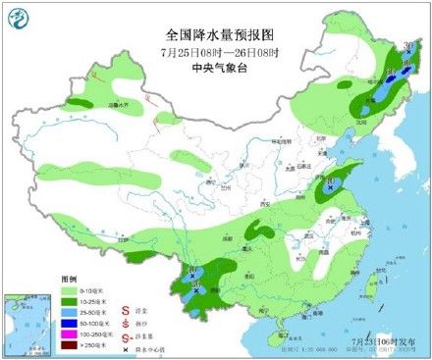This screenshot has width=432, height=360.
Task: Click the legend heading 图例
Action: (72, 279)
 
